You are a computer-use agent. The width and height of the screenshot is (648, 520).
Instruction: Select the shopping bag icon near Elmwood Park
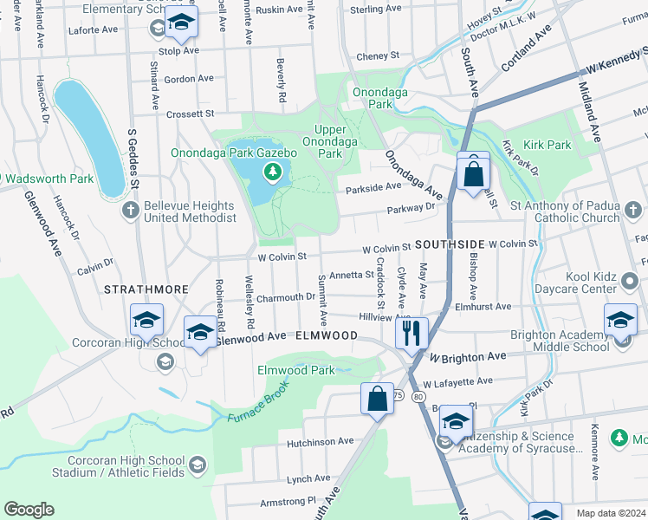[x=377, y=400]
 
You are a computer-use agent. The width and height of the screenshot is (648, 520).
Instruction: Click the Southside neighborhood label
[x=449, y=245]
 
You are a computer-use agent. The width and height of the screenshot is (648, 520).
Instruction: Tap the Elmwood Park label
[x=296, y=370]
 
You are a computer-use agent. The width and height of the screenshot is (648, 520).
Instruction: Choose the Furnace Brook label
[x=258, y=410]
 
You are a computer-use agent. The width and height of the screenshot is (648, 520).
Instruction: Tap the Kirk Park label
[x=548, y=145]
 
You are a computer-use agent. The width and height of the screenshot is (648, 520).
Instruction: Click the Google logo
[x=29, y=510]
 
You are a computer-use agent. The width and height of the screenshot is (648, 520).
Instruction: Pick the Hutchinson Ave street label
[x=320, y=441]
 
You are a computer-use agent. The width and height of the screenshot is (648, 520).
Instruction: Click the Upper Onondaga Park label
[x=329, y=141]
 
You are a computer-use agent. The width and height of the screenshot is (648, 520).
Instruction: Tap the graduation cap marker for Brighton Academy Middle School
[x=620, y=322]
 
